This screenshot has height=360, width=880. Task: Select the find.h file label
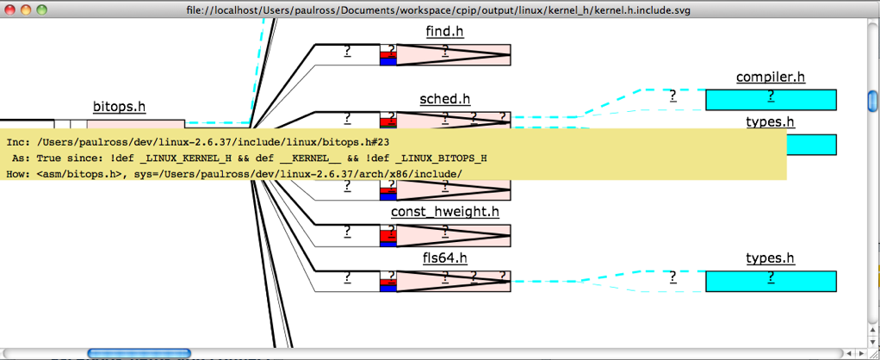click(x=444, y=32)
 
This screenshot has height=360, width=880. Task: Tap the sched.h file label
click(x=444, y=99)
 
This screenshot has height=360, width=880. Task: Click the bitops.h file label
click(x=119, y=107)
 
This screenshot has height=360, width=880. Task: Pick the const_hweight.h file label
click(x=444, y=212)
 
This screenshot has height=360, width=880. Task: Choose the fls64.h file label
click(x=444, y=258)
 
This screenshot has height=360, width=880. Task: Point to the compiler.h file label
click(x=770, y=77)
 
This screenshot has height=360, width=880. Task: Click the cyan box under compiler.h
click(x=770, y=100)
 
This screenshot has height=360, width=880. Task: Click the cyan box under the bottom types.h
click(x=770, y=282)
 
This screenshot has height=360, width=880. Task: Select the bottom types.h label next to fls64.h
click(x=770, y=258)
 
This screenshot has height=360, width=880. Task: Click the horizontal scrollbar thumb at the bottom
click(x=138, y=353)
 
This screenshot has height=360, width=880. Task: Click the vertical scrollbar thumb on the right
click(x=872, y=101)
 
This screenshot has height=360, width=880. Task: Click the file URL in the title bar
click(x=438, y=9)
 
